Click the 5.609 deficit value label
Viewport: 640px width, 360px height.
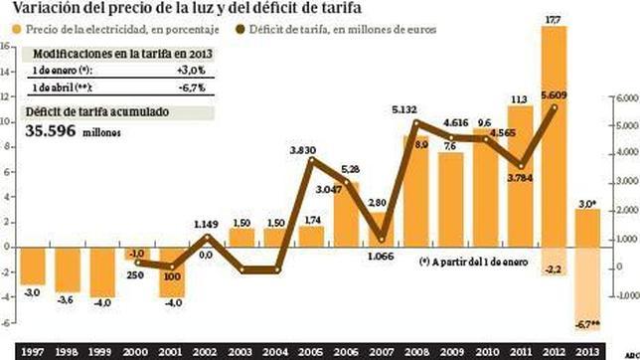coord(555,95)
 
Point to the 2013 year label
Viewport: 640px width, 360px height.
coord(588,349)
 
